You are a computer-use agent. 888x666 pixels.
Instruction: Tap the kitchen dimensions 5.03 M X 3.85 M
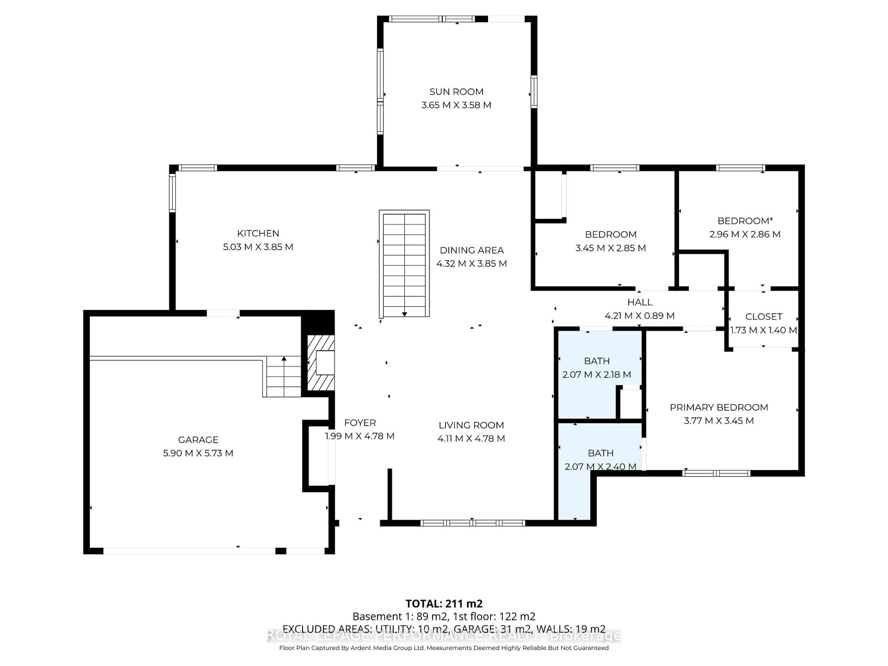click(258, 247)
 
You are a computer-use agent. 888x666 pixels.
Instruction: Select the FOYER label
click(360, 423)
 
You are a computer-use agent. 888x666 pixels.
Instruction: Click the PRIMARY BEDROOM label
click(718, 407)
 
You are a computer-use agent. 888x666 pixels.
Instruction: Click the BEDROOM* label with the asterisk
click(745, 221)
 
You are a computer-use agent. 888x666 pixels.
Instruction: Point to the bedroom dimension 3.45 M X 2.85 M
click(610, 248)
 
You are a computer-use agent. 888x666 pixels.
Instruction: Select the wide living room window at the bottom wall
click(472, 523)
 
